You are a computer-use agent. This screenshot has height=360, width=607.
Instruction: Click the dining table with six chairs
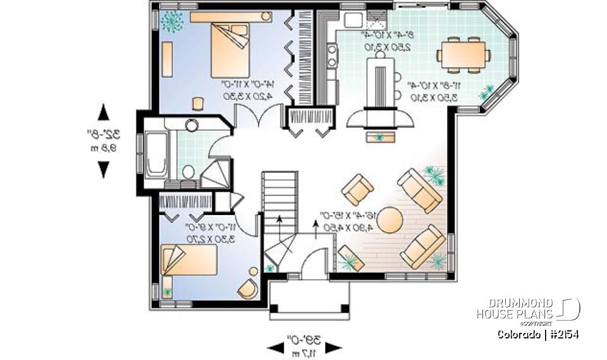tap(465, 53)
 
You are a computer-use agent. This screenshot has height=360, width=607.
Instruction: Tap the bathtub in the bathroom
tap(156, 152)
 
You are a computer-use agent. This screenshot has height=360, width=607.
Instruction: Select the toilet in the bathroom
tap(188, 171)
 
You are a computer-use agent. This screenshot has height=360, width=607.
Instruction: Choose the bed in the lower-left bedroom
tap(190, 261)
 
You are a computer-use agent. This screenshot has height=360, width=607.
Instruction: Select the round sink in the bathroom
tap(192, 125)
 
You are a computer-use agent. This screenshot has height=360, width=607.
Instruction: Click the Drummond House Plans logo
tap(527, 309)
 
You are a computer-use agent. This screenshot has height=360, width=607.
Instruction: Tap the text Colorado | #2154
tap(538, 334)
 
